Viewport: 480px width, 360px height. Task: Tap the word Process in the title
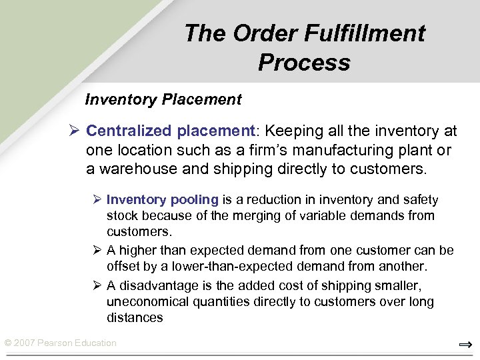pos(304,63)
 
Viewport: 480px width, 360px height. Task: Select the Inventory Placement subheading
pos(163,100)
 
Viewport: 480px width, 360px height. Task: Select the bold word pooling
pos(195,200)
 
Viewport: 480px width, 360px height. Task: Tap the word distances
pos(135,318)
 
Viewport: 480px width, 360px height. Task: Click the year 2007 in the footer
pos(25,343)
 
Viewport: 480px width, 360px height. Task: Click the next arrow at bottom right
pos(465,345)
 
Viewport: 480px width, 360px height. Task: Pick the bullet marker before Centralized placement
pos(75,131)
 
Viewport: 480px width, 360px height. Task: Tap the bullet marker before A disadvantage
pos(97,286)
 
